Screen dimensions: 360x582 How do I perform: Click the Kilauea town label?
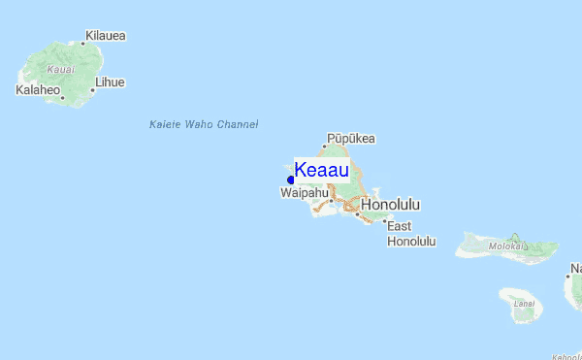106,36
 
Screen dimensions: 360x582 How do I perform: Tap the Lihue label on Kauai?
109,82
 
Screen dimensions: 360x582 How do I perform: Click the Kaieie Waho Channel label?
204,124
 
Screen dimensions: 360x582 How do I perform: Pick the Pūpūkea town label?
350,138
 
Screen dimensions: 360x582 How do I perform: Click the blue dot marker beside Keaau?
291,180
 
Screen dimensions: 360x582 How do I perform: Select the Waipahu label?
304,194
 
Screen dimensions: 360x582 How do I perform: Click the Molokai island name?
507,246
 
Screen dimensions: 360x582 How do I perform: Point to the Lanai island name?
524,304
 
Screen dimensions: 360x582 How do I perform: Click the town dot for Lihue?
93,90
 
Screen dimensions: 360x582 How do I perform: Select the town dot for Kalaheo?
62,97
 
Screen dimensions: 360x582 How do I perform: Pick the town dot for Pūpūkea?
325,147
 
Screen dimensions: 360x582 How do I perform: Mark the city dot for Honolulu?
357,213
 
